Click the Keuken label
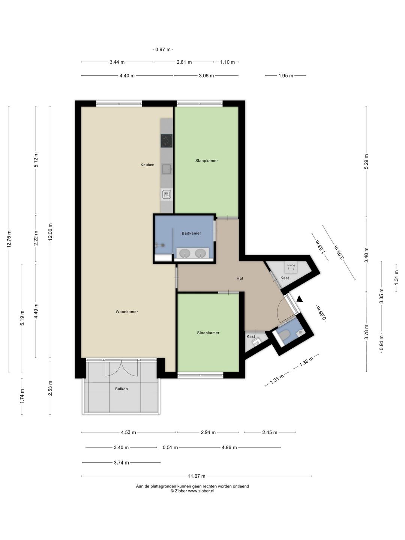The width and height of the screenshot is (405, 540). tap(147, 165)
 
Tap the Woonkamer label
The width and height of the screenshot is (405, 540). tap(127, 312)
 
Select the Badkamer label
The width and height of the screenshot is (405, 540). tap(191, 233)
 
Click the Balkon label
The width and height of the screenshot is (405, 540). tap(121, 389)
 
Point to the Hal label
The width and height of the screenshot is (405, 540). tap(240, 278)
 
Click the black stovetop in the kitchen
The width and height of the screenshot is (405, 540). tap(167, 141)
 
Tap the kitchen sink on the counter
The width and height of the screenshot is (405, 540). tap(167, 169)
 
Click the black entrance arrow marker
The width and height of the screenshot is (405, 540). tap(299, 299)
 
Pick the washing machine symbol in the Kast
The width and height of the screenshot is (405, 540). tap(291, 267)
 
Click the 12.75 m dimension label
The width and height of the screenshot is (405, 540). tap(9, 238)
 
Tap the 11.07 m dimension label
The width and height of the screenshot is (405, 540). tap(196, 476)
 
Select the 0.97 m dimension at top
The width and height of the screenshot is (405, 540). tap(163, 49)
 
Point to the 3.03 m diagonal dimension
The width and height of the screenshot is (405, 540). tap(339, 252)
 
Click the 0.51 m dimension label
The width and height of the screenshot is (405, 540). tap(170, 447)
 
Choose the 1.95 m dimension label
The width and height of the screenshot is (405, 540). tap(286, 76)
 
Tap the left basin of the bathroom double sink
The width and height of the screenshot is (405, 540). tap(184, 253)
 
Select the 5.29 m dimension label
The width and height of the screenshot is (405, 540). tap(366, 161)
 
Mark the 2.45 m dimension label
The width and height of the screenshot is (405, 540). tap(270, 432)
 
